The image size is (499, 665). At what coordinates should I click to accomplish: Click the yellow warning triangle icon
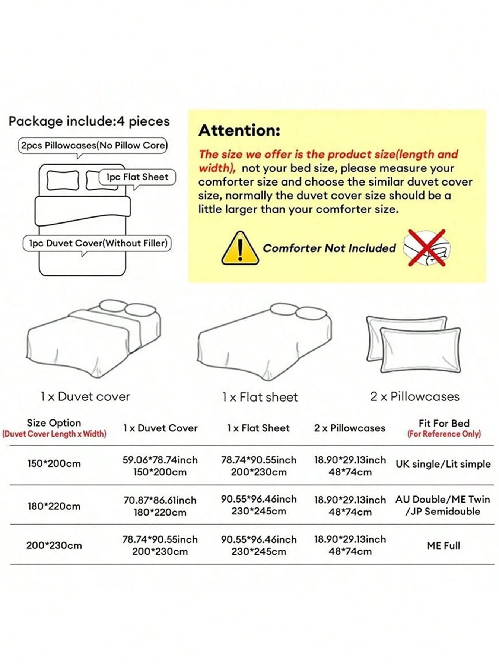pyautogui.click(x=240, y=248)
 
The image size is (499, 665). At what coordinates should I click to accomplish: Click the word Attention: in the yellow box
pyautogui.click(x=239, y=130)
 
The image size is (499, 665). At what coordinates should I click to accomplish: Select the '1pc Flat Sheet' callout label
pyautogui.click(x=137, y=177)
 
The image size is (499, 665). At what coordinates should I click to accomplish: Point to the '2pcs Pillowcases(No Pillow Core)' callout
pyautogui.click(x=93, y=145)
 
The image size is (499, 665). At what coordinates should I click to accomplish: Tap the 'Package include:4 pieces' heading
pyautogui.click(x=89, y=121)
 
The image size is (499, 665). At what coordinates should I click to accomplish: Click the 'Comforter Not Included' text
pyautogui.click(x=329, y=248)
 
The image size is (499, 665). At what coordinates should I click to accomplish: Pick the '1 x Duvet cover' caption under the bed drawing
pyautogui.click(x=85, y=397)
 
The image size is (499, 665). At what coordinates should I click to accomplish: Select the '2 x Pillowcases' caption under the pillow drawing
pyautogui.click(x=415, y=397)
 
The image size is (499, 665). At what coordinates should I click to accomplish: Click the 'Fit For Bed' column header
pyautogui.click(x=444, y=423)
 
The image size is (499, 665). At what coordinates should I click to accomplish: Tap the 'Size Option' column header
pyautogui.click(x=54, y=423)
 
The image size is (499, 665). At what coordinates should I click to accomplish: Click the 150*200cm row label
pyautogui.click(x=54, y=464)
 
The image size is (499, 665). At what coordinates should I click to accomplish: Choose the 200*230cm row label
pyautogui.click(x=54, y=546)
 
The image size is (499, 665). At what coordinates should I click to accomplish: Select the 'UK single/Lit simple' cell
pyautogui.click(x=443, y=464)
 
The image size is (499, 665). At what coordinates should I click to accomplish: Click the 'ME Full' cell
pyautogui.click(x=444, y=546)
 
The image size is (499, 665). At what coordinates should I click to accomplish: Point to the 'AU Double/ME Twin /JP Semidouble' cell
pyautogui.click(x=443, y=505)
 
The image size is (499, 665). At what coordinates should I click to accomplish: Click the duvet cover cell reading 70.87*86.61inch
pyautogui.click(x=160, y=500)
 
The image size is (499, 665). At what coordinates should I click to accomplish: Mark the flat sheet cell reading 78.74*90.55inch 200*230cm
pyautogui.click(x=259, y=466)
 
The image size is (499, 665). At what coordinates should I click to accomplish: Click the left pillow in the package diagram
pyautogui.click(x=63, y=180)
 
